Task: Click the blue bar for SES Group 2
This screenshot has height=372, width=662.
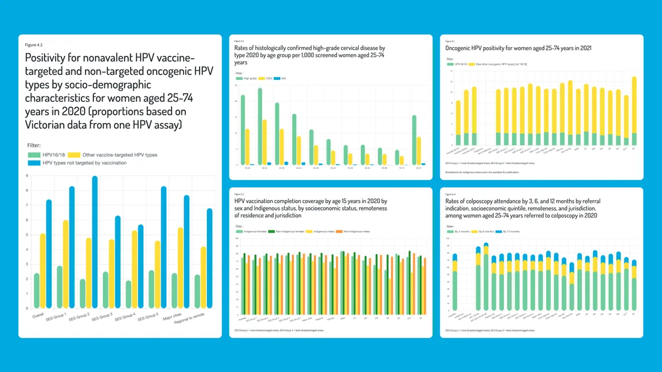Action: [x=95, y=242]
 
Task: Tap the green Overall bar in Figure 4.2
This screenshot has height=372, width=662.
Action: [x=36, y=290]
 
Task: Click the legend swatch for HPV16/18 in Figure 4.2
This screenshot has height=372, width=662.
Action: [x=34, y=155]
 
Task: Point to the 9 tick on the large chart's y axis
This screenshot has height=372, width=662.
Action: [x=26, y=176]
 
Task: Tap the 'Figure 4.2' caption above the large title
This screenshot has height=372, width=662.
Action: [x=34, y=44]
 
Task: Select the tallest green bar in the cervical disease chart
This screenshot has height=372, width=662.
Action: [x=260, y=126]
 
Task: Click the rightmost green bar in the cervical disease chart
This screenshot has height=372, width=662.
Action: [x=414, y=140]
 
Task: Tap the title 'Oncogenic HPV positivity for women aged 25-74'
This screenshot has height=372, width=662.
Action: [x=519, y=48]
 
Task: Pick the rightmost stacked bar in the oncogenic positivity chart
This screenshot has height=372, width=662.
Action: [x=634, y=110]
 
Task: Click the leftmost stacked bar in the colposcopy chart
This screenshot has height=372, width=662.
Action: [x=455, y=281]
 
